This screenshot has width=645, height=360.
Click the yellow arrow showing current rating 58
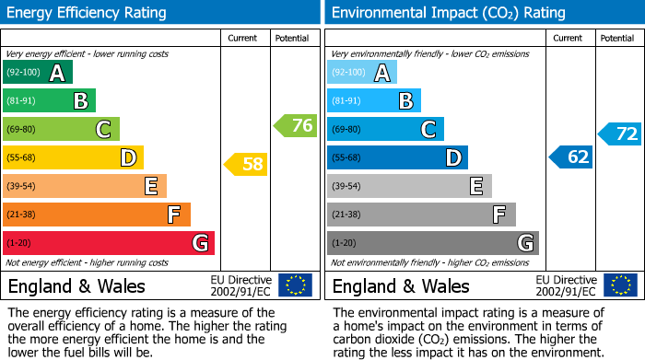tap(246, 165)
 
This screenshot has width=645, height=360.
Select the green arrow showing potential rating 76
tap(296, 125)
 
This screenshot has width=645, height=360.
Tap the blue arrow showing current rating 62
tap(571, 157)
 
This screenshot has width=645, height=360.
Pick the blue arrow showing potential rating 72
tap(620, 134)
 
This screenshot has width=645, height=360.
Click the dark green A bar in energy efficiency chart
tap(38, 73)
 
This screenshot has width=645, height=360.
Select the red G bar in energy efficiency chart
tap(109, 243)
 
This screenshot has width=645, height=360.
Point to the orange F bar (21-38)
tap(97, 215)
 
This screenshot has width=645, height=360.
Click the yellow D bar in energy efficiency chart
tap(73, 157)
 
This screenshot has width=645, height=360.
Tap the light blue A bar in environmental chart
tap(362, 73)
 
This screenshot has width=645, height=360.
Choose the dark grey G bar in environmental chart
tap(433, 243)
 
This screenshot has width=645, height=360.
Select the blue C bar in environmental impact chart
tap(385, 130)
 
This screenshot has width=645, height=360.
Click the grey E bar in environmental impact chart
tap(409, 186)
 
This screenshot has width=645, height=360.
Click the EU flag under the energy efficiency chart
tap(295, 285)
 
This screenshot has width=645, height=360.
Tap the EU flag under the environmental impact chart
tap(619, 285)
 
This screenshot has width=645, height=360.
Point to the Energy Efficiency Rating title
tap(88, 13)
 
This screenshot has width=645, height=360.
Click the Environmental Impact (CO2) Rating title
tap(448, 13)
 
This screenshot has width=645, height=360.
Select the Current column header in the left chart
tap(244, 38)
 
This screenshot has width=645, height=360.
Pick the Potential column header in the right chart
tap(617, 38)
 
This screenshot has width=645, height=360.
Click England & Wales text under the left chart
tap(76, 285)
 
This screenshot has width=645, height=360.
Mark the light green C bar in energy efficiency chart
tap(61, 130)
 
